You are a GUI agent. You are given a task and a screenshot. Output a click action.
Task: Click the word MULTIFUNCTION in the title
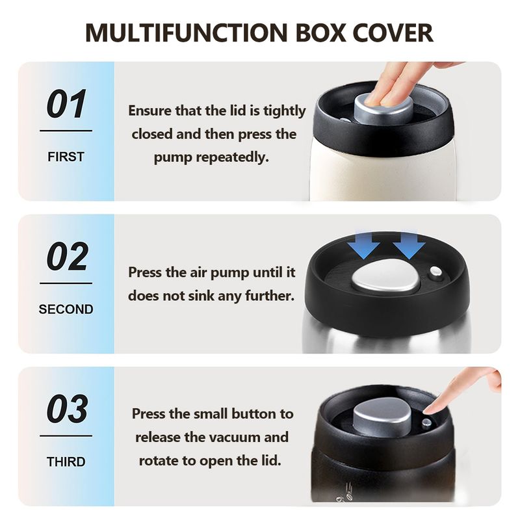click(x=187, y=33)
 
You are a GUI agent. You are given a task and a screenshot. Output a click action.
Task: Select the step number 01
click(x=67, y=104)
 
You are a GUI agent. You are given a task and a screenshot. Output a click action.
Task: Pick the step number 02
click(x=68, y=256)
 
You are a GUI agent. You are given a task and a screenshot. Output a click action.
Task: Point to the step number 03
click(x=68, y=409)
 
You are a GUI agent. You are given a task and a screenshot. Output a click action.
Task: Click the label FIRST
click(x=66, y=157)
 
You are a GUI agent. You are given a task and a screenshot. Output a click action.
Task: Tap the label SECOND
click(x=66, y=309)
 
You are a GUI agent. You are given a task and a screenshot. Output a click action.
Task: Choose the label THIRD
click(x=66, y=461)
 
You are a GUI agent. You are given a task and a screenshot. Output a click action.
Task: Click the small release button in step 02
click(x=435, y=273)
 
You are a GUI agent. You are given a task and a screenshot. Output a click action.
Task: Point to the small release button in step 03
click(x=426, y=423)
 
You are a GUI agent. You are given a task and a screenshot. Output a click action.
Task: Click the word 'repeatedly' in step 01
click(x=232, y=157)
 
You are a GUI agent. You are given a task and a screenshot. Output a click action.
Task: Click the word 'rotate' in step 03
click(x=158, y=461)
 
